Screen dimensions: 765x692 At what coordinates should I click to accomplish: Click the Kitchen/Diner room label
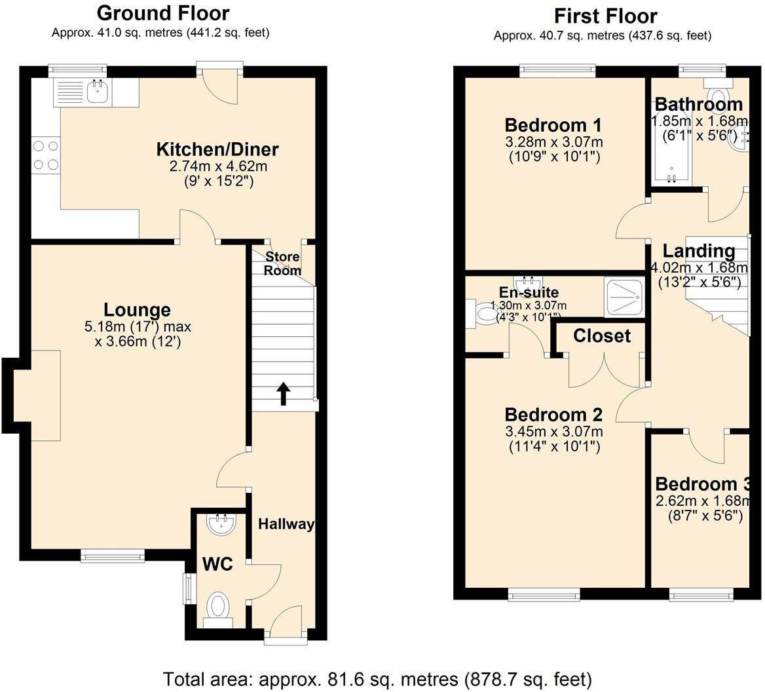[x=217, y=149]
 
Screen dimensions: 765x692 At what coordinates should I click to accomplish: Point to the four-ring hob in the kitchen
[x=45, y=155]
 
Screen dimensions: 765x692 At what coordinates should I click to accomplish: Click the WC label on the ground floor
[x=217, y=564]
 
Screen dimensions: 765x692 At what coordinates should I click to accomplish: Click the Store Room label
[x=282, y=263]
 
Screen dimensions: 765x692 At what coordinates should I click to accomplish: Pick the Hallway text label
[x=286, y=524]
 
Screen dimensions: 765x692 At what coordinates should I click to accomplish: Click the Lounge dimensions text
[x=138, y=334]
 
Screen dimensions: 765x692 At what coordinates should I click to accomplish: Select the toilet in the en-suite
[x=480, y=313]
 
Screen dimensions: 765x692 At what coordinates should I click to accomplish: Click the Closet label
[x=601, y=336]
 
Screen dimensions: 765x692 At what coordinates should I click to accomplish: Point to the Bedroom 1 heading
[x=553, y=125]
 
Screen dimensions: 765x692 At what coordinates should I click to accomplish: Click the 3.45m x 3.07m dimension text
[x=553, y=431]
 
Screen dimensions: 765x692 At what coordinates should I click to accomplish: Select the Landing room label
[x=699, y=251]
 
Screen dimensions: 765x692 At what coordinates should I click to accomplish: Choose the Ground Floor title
[x=163, y=13]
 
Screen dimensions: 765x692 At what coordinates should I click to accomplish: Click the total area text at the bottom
[x=377, y=679]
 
